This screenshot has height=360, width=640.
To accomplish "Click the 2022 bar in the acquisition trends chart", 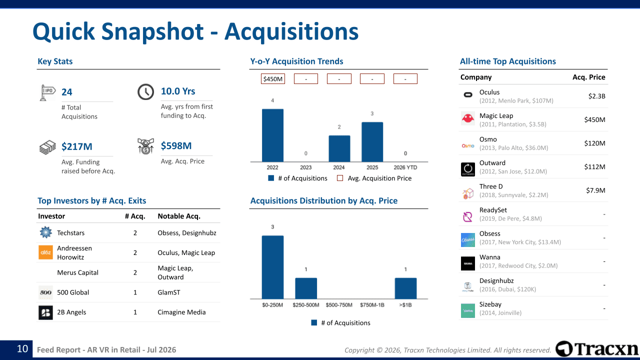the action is click(272, 135).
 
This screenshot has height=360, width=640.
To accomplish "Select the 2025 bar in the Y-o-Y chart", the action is click(372, 142).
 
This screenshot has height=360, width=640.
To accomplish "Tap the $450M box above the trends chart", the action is click(273, 79).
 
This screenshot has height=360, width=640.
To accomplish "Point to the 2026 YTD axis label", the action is click(405, 167).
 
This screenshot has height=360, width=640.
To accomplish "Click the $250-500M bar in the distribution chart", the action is click(306, 288).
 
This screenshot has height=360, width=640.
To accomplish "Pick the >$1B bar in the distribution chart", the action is click(405, 288).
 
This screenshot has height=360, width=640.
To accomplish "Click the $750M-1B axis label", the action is click(372, 305).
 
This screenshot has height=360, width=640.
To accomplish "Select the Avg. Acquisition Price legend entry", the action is click(374, 178).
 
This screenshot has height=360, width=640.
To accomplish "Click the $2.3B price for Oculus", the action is click(596, 96).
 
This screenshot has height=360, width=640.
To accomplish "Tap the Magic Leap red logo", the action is click(468, 118).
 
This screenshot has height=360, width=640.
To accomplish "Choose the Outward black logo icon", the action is click(468, 169).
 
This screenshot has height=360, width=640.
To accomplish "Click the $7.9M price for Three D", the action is click(595, 190).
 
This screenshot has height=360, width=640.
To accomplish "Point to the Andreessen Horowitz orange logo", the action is click(45, 252).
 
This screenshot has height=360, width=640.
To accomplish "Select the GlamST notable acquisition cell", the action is click(169, 292).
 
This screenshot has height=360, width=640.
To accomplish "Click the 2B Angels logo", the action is click(45, 312).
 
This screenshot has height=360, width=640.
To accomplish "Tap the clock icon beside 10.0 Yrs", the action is click(145, 91).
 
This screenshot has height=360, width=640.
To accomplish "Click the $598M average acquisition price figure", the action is click(176, 145).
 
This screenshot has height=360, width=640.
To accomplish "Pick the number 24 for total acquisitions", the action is click(67, 92).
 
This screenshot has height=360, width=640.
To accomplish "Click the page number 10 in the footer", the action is click(22, 349).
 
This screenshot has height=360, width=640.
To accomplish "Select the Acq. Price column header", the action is click(588, 77).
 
